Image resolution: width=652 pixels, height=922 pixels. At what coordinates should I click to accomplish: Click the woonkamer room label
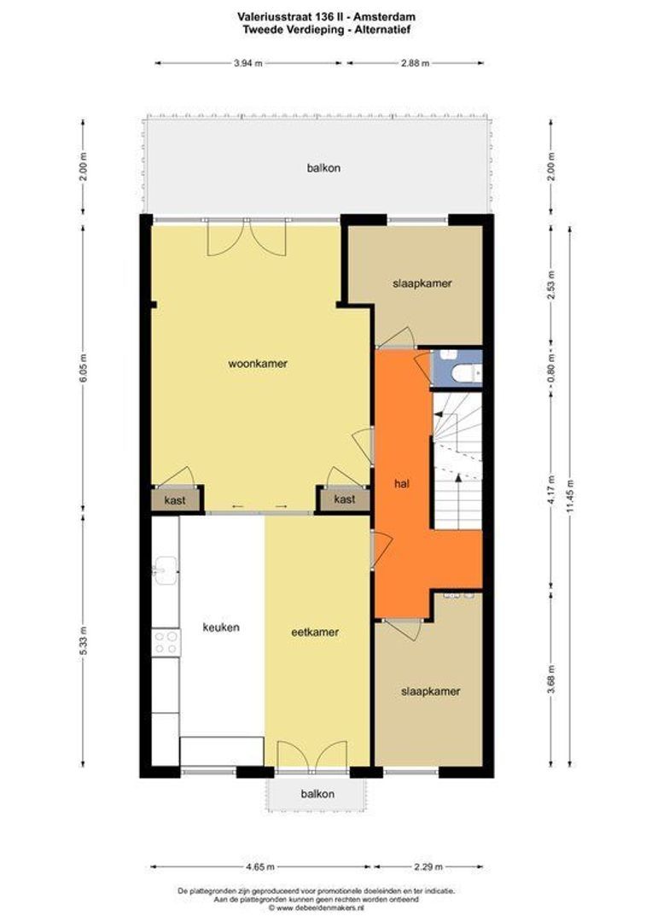pyautogui.click(x=258, y=364)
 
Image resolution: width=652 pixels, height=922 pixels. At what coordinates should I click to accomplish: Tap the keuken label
pyautogui.click(x=221, y=627)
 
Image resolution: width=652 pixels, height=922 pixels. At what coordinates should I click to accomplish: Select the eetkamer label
pyautogui.click(x=315, y=632)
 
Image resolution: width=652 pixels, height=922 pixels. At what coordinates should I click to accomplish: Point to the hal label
pyautogui.click(x=402, y=484)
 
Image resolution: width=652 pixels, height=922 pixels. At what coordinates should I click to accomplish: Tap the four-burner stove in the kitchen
pyautogui.click(x=166, y=642)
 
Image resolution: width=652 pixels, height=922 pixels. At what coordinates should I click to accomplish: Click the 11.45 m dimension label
pyautogui.click(x=570, y=496)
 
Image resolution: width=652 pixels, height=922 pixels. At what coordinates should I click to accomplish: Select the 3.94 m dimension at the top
pyautogui.click(x=247, y=63)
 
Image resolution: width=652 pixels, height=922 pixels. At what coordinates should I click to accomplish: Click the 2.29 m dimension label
pyautogui.click(x=428, y=867)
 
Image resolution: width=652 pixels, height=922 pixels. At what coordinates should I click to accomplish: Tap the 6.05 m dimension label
pyautogui.click(x=83, y=369)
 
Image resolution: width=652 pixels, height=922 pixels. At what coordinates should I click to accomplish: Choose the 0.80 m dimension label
pyautogui.click(x=551, y=367)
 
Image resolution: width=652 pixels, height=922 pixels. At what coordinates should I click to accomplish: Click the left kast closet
pyautogui.click(x=175, y=500)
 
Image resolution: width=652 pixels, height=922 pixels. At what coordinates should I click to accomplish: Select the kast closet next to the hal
pyautogui.click(x=345, y=499)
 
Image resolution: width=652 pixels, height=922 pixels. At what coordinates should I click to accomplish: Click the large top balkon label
pyautogui.click(x=323, y=168)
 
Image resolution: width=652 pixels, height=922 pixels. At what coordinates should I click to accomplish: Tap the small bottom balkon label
pyautogui.click(x=317, y=794)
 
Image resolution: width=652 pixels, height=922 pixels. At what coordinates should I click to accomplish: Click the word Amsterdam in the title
pyautogui.click(x=390, y=18)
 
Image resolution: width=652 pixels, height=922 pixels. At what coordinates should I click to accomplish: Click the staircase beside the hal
pyautogui.click(x=457, y=462)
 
